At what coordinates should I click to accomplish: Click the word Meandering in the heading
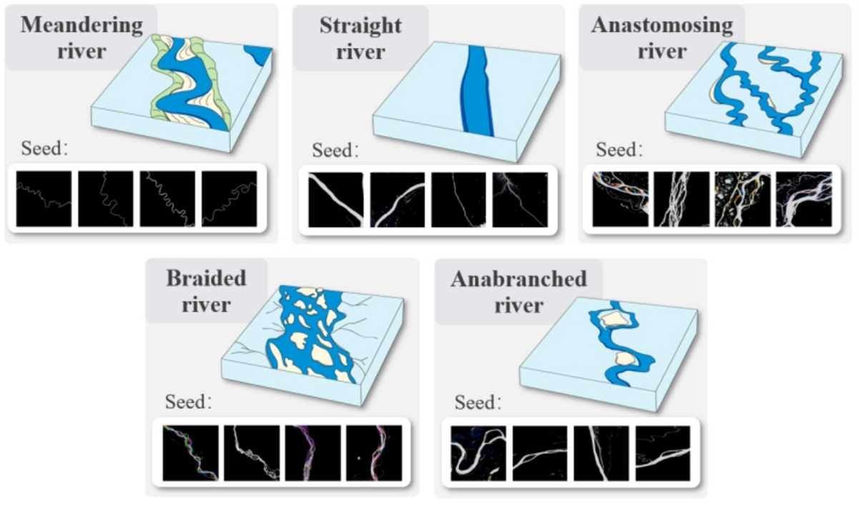click(x=82, y=25)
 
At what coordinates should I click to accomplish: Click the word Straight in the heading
click(x=361, y=25)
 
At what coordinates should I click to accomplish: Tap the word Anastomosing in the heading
click(x=662, y=25)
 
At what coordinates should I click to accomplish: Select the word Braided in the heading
click(x=206, y=278)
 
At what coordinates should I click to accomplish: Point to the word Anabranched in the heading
click(x=518, y=278)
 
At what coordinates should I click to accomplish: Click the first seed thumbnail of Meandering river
click(x=44, y=199)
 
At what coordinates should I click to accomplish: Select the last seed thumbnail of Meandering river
click(x=229, y=199)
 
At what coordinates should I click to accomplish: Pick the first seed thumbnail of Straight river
click(x=335, y=200)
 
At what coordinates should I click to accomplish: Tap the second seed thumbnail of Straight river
click(x=397, y=200)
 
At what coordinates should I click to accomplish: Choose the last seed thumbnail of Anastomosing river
click(x=804, y=200)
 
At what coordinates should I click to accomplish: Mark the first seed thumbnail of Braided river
click(x=189, y=453)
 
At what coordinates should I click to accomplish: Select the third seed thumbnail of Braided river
click(x=312, y=453)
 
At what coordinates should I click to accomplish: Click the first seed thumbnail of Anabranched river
click(x=478, y=453)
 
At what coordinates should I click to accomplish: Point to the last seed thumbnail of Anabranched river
click(x=662, y=453)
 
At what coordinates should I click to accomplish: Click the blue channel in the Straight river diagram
click(x=476, y=89)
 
